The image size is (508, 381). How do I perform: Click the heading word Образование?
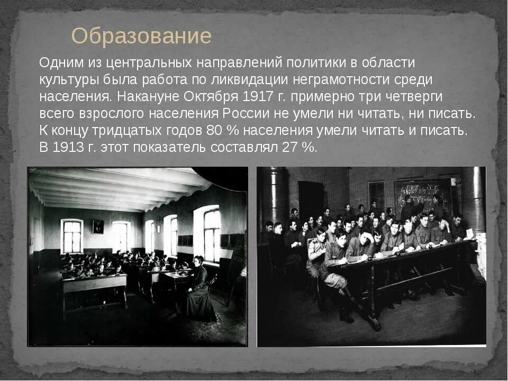[141, 37]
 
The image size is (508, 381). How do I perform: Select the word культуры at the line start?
[67, 80]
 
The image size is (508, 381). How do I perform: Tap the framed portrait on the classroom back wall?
[98, 227]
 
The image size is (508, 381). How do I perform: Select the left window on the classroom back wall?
[72, 236]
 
